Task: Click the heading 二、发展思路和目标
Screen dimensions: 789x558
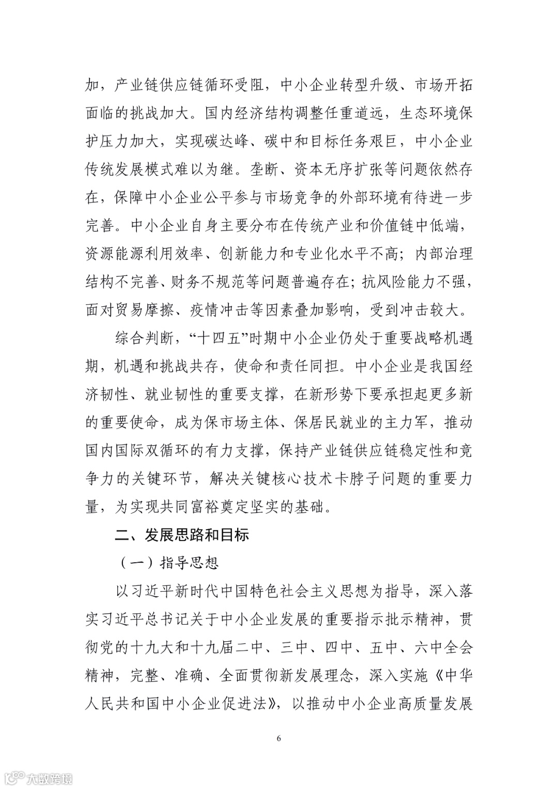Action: coord(182,534)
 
